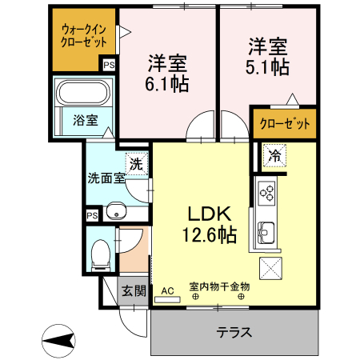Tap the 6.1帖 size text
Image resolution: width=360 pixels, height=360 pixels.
168,82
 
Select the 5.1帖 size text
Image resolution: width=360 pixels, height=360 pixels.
268,68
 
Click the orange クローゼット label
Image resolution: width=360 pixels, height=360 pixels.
283,124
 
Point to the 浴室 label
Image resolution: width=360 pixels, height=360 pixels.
86,121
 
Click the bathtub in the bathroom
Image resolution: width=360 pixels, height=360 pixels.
86,93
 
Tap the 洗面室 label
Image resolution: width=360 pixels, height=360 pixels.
106,178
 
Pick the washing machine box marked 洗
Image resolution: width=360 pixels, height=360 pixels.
138,164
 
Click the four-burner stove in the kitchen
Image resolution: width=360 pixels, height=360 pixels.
266,193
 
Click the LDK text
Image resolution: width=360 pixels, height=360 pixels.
210,214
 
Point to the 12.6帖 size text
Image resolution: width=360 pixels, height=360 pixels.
210,235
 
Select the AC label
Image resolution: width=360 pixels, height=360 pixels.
167,290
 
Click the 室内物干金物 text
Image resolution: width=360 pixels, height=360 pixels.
220,286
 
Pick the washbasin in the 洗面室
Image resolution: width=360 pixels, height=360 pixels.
117,212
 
